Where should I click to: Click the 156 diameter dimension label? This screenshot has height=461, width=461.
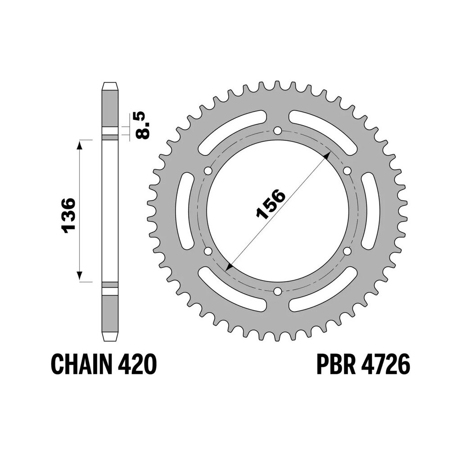click(271, 205)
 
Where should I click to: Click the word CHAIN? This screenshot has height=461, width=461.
click(82, 365)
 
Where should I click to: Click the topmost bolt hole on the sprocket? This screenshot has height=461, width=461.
click(277, 131)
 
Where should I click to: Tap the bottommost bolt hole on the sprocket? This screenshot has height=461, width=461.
click(277, 291)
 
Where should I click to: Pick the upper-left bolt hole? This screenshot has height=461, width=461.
click(208, 171)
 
